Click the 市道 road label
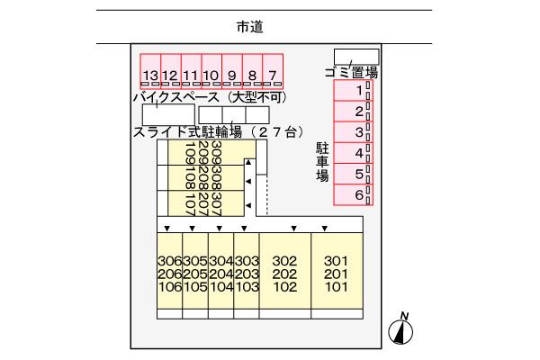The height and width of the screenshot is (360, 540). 249,28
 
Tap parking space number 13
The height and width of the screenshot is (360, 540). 150,76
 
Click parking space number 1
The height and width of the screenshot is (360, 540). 358,91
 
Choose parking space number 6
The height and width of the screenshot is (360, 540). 358,194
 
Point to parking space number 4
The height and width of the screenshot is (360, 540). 358,153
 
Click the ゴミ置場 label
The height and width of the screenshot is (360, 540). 350,72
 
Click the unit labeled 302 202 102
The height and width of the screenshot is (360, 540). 284,274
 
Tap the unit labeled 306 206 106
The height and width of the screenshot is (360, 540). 169,274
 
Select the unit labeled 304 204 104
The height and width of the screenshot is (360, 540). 220,274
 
